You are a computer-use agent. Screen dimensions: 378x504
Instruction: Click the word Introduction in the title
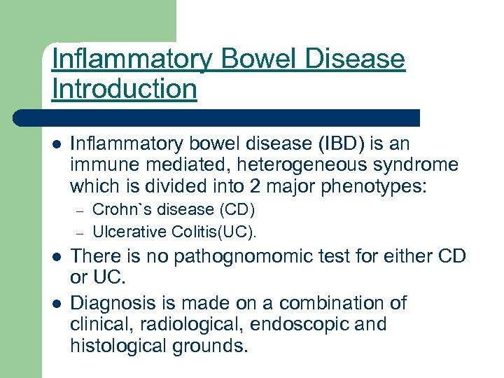[x=124, y=89]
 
